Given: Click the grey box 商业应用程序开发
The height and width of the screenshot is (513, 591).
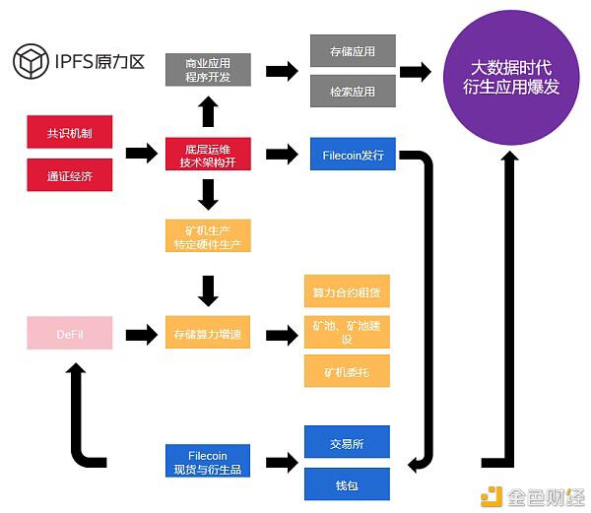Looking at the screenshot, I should coord(207,70).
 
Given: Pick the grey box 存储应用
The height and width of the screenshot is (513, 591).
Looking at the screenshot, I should coord(352,49).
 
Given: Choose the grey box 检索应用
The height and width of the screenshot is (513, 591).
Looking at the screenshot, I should coord(352,91).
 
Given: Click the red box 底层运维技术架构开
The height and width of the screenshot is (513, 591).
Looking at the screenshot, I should coord(207,154).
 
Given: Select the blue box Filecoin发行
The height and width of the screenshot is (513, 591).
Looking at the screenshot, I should coord(352,154).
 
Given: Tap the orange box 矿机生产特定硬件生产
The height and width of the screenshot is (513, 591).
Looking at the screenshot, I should coord(207,237).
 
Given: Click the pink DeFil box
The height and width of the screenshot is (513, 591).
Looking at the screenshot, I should coord(70,334).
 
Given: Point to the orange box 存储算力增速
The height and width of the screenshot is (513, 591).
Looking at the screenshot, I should coord(207,335).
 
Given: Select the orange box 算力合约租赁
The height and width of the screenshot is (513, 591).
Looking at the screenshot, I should coord(346,292).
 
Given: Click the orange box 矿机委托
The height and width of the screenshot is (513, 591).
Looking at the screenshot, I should coord(346,372).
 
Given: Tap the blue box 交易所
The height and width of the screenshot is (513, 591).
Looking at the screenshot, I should coord(346,443).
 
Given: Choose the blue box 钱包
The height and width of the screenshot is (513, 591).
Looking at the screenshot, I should coord(346,484).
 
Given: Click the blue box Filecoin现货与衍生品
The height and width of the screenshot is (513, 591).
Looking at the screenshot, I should coord(207,463).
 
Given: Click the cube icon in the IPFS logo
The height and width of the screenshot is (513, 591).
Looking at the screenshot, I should coord(30,61).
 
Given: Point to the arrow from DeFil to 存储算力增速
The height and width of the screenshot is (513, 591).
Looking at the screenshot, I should coord(138,335).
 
